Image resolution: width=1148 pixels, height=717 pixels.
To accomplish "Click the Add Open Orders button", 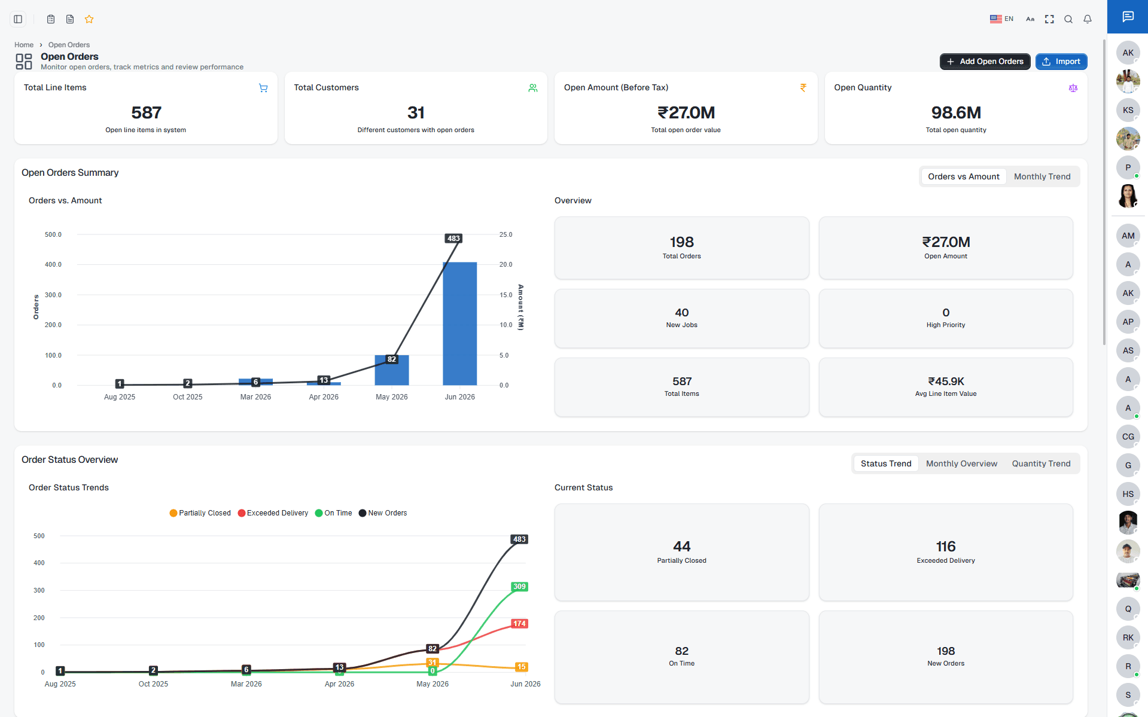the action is point(985,62).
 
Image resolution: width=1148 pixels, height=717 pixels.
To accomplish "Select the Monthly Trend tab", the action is point(1042,176).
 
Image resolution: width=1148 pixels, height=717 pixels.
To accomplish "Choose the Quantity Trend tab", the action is point(1041,463).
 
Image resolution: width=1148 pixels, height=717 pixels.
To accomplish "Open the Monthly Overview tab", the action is point(961,463).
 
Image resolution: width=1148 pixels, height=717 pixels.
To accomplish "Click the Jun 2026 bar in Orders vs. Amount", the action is point(459,324).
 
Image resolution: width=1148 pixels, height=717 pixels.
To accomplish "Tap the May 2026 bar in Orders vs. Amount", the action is point(391,370).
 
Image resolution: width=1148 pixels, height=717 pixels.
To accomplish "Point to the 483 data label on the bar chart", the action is point(453,238).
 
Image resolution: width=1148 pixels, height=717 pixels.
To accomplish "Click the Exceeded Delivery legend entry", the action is point(273,513).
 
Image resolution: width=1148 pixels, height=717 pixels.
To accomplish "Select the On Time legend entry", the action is point(334,513).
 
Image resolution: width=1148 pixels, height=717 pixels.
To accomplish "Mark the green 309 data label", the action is point(519,587).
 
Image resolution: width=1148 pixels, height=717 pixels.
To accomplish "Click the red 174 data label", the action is point(519,624).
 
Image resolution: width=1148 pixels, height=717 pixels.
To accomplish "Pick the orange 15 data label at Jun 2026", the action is point(521,667).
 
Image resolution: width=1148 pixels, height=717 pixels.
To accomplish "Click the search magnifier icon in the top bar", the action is point(1068,19).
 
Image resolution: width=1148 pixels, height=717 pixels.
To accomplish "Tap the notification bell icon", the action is point(1088,19).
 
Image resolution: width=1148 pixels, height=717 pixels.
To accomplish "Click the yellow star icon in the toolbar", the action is point(89,19).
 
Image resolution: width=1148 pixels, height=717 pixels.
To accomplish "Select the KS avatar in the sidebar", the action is point(1128,110).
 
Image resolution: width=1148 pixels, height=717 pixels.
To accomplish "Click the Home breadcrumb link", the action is point(24,45).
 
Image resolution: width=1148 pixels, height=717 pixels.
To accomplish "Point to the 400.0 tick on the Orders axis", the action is point(53,264).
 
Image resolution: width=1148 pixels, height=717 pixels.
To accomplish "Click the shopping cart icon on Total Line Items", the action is point(263,88).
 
